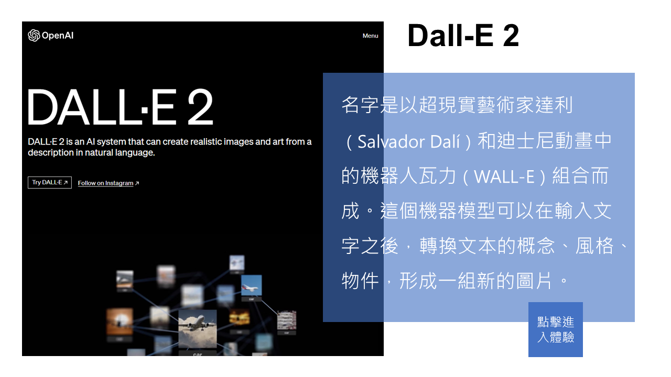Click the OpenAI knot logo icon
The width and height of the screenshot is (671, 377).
[x=34, y=35]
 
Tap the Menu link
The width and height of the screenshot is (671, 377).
[x=370, y=36]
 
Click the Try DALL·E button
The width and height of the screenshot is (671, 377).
[x=50, y=183]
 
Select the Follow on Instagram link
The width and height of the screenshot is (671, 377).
[x=105, y=183]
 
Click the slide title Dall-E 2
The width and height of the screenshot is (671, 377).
[x=463, y=36]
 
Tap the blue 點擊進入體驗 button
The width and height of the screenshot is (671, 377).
[x=555, y=329]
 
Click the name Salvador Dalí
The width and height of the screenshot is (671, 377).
[x=408, y=141]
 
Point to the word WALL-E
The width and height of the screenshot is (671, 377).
[x=504, y=176]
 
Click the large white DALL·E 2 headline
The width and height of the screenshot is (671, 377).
[x=121, y=107]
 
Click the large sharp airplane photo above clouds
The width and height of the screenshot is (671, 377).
[x=198, y=329]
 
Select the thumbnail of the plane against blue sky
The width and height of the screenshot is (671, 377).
[x=251, y=285]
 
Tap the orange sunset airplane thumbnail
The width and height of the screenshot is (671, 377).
[x=120, y=321]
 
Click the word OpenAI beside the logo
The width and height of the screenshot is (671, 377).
[x=58, y=36]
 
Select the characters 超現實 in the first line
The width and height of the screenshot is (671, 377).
[x=448, y=105]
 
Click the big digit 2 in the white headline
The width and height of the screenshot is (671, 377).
[x=200, y=107]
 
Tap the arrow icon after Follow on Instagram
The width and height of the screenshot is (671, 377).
[x=137, y=183]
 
